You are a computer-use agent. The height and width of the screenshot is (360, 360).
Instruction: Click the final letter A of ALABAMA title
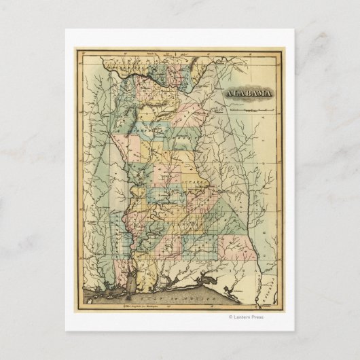coord(270,94)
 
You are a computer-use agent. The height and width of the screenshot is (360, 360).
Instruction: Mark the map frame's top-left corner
coord(75,48)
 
